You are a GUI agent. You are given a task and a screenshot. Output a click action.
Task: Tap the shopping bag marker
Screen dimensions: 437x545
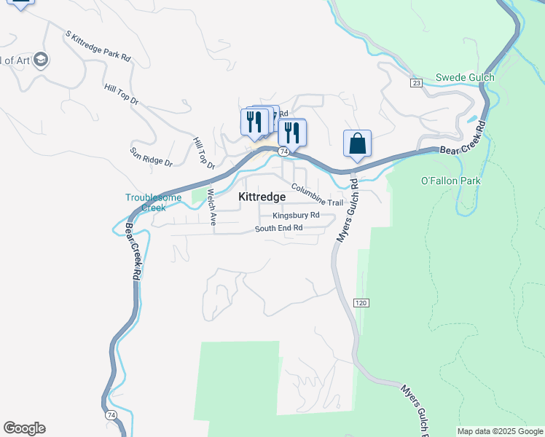[357, 144]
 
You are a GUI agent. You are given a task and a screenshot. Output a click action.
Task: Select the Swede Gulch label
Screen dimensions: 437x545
[465, 77]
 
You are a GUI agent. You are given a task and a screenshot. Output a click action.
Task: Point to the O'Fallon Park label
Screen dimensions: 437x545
[452, 181]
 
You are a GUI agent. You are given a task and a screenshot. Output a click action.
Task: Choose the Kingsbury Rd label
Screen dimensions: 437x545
[296, 216]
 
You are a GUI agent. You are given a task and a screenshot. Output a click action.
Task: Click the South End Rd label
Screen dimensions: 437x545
[278, 229]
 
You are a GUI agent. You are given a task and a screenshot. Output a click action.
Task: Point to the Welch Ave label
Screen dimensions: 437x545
[212, 208]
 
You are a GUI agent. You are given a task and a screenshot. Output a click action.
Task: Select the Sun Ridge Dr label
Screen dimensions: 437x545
[151, 157]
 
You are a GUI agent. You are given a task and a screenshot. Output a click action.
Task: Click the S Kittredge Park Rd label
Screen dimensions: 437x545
[98, 45]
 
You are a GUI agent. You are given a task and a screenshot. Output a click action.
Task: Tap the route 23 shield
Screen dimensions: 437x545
[416, 83]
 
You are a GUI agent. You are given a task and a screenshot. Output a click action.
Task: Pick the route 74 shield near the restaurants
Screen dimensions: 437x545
[283, 151]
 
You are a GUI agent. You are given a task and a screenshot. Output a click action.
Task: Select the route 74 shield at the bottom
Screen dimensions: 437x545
[111, 415]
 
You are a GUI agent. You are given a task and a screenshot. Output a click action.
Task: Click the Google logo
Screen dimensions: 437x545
[24, 428]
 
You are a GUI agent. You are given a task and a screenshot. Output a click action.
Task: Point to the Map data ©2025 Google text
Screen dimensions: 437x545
[499, 431]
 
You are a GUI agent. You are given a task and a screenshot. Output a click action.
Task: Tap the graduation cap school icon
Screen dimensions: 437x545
[41, 60]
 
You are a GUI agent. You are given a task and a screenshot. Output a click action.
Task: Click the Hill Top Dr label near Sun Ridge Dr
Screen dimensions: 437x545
[204, 153]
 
